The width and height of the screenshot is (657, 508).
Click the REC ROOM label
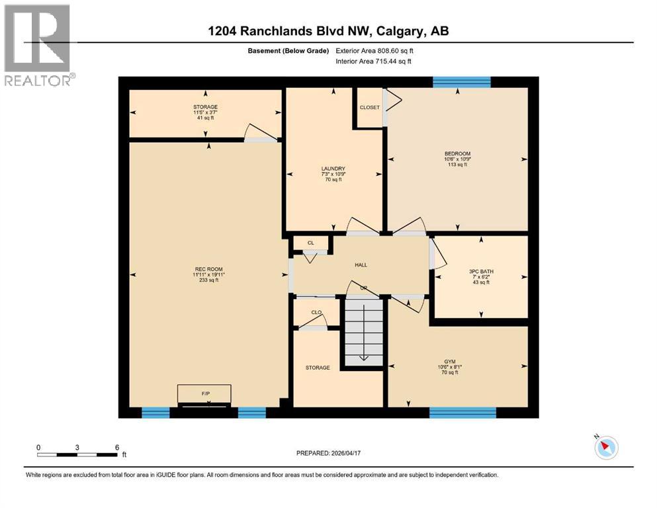tap(206, 269)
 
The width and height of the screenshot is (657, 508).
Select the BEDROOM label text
tap(457, 154)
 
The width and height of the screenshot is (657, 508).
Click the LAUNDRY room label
tap(334, 169)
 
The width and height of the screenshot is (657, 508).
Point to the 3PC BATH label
tap(479, 270)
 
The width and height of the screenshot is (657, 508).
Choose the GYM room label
tap(451, 361)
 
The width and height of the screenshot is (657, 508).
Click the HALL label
tap(361, 265)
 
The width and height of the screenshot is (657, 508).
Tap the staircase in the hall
tap(362, 331)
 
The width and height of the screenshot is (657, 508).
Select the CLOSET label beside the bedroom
tap(370, 107)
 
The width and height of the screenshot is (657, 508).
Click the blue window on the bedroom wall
tap(461, 83)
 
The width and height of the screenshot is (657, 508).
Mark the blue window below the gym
tap(462, 413)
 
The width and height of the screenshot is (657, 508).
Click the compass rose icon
tap(606, 448)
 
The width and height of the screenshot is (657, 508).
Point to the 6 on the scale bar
tap(117, 447)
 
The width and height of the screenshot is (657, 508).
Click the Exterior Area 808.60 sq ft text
tap(376, 50)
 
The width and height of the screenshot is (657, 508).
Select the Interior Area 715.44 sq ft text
tap(375, 61)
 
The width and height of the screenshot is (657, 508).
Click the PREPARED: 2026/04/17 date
tap(329, 453)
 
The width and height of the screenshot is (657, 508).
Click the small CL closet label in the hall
tap(311, 243)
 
